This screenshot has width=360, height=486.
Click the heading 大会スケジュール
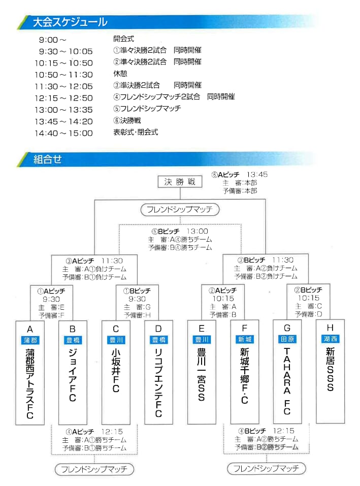click(70, 22)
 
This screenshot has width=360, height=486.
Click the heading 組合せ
click(48, 159)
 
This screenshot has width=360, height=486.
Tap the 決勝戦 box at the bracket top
click(180, 182)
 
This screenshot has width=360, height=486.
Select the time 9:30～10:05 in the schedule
click(66, 51)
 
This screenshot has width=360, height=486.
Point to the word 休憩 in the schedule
click(120, 74)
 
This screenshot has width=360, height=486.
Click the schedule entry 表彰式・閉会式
click(136, 132)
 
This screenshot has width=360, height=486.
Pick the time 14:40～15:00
click(64, 133)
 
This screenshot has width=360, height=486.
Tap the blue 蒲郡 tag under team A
click(30, 340)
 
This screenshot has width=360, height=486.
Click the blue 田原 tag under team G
click(287, 339)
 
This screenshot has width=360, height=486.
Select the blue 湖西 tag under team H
click(330, 339)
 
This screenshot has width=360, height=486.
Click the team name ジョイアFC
click(73, 375)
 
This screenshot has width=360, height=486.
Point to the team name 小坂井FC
click(116, 370)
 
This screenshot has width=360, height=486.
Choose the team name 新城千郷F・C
click(244, 376)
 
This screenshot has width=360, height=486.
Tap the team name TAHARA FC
click(287, 381)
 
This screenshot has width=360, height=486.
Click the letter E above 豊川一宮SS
click(202, 328)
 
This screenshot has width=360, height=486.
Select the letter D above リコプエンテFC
click(158, 329)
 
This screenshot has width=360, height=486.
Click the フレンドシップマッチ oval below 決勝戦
click(180, 210)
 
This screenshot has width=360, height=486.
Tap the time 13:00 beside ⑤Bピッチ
click(198, 231)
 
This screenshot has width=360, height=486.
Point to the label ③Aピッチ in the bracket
click(80, 261)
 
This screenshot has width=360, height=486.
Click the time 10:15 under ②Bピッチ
click(309, 298)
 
